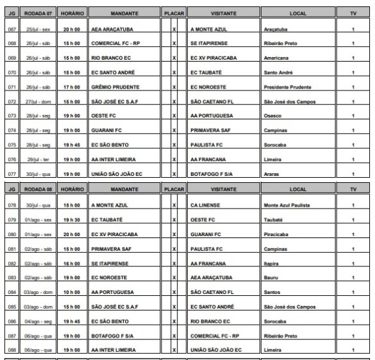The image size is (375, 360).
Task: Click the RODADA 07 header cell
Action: [37, 12]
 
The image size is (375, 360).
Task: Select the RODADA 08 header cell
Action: [37, 190]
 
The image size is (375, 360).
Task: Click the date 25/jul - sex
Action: [37, 30]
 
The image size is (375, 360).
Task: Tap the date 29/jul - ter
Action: [37, 159]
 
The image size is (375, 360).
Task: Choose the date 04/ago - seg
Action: [37, 321]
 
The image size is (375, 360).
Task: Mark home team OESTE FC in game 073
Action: [103, 116]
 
